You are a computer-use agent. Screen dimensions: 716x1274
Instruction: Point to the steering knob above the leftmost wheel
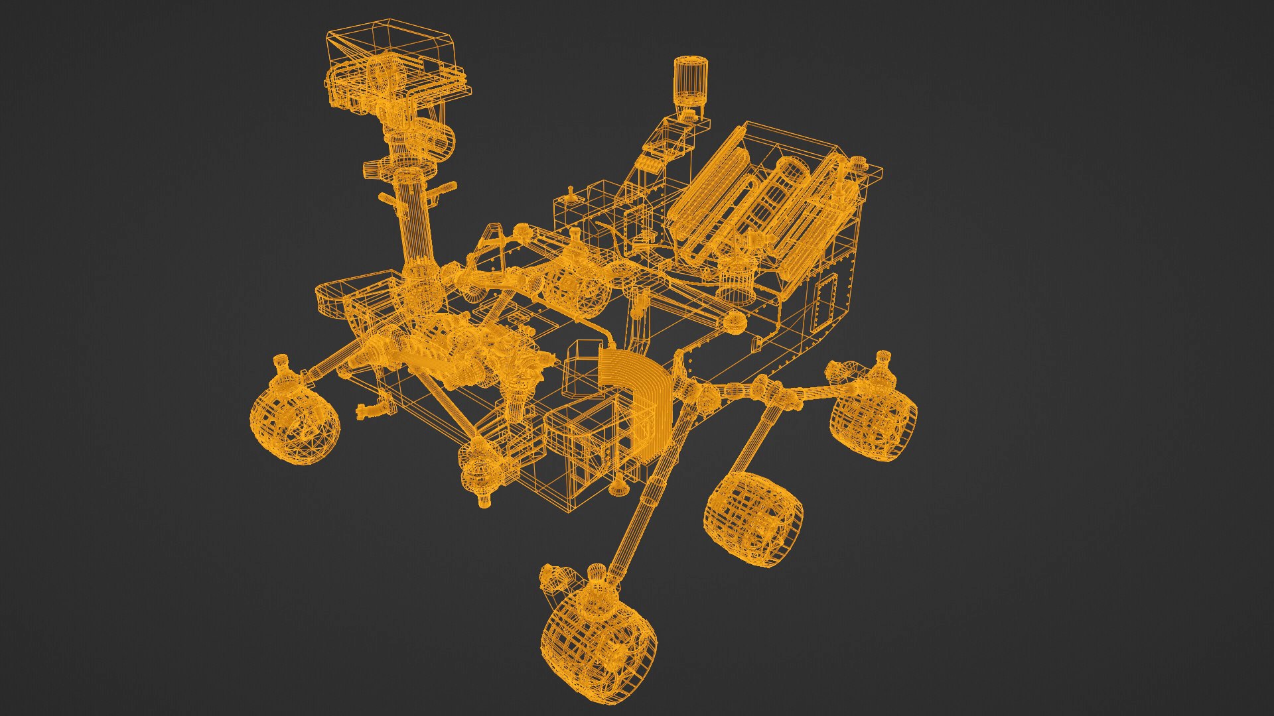[281, 367]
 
